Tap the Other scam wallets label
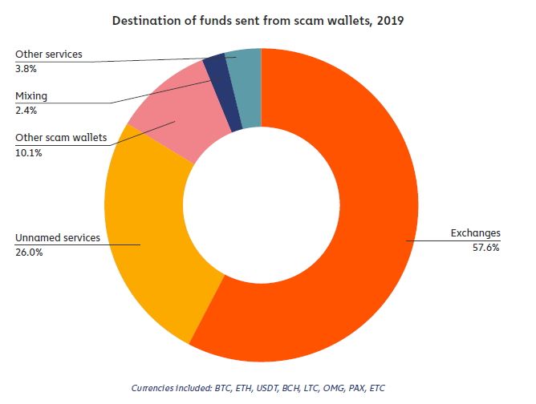[61, 138]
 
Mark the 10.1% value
[29, 152]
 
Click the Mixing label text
[32, 96]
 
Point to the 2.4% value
[27, 111]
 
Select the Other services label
[49, 55]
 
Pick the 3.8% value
[27, 69]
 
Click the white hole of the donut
[261, 204]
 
